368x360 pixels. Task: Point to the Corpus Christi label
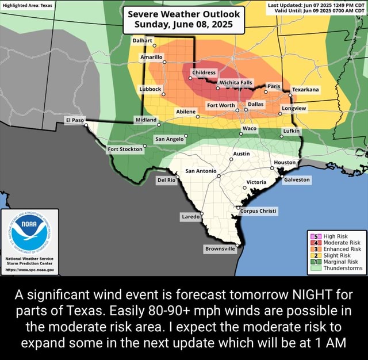pos(258,210)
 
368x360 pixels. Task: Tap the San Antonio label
pos(200,171)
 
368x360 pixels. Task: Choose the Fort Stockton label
pos(125,150)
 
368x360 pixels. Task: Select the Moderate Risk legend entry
pos(340,243)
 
